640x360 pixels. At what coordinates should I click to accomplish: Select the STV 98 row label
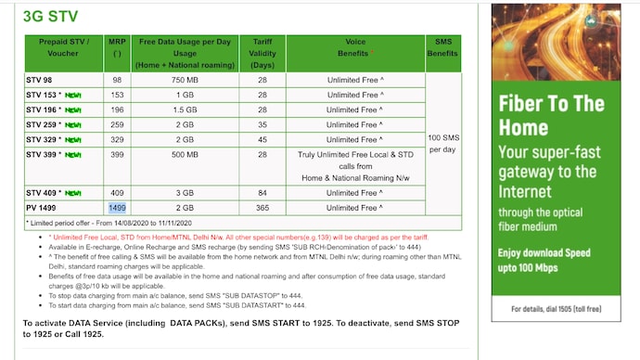click(41, 80)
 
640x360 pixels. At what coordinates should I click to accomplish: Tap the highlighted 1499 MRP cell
click(117, 208)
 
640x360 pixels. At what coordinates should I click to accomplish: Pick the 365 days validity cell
click(262, 208)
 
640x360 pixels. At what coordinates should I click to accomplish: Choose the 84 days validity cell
click(262, 193)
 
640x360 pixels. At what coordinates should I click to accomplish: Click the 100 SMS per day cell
click(442, 143)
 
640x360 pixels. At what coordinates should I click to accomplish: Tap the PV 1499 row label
click(43, 208)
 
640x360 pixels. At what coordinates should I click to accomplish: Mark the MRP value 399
click(117, 154)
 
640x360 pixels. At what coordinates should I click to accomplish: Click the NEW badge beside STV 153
click(73, 96)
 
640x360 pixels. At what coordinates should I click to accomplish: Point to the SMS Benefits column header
click(442, 48)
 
